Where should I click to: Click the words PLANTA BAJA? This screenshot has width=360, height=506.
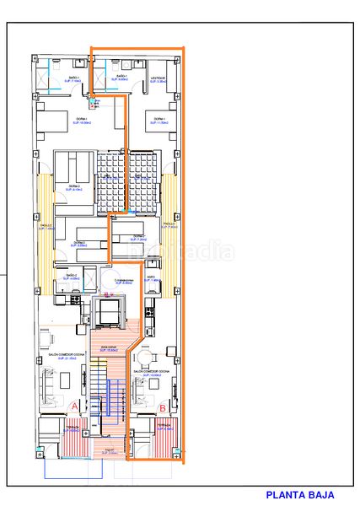(x=300, y=496)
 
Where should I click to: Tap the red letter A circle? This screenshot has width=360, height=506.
(x=75, y=407)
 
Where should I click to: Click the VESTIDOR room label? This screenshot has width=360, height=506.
(x=159, y=78)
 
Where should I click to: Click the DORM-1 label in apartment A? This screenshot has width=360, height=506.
(x=81, y=120)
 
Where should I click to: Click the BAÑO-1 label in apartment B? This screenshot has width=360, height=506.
(x=118, y=78)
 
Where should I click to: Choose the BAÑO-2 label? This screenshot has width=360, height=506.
(x=71, y=276)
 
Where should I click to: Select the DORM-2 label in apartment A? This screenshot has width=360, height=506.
(x=75, y=187)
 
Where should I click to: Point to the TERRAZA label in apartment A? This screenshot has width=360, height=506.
(x=73, y=429)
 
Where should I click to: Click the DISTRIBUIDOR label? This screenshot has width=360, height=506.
(x=125, y=280)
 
